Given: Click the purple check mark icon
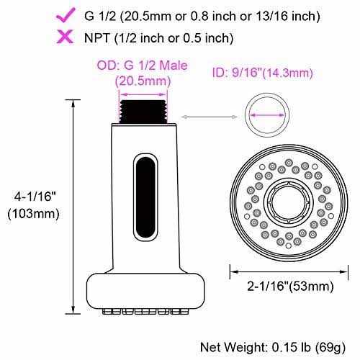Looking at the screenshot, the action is point(65,15).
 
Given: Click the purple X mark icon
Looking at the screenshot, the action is point(65,37).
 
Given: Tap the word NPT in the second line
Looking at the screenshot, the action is point(97,38).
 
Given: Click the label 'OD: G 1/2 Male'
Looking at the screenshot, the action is point(142,66).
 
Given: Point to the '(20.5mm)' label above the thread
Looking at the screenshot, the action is point(143,81).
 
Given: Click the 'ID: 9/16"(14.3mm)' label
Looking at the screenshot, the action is point(263,73).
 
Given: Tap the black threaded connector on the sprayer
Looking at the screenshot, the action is point(143,112).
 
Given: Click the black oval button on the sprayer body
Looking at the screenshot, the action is point(145,197).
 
